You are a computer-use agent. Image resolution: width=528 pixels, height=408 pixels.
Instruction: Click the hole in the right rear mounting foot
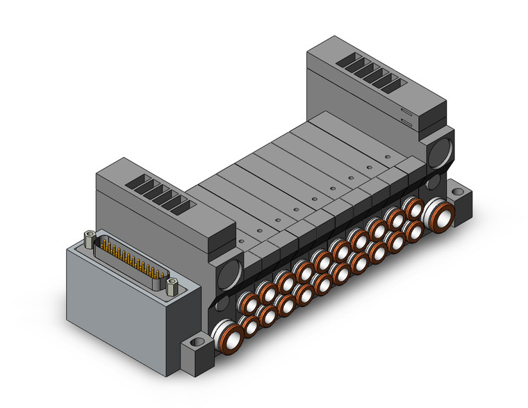pyautogui.click(x=459, y=189)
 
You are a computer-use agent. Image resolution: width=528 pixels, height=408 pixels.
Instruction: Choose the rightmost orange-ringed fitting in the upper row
pyautogui.click(x=414, y=208)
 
